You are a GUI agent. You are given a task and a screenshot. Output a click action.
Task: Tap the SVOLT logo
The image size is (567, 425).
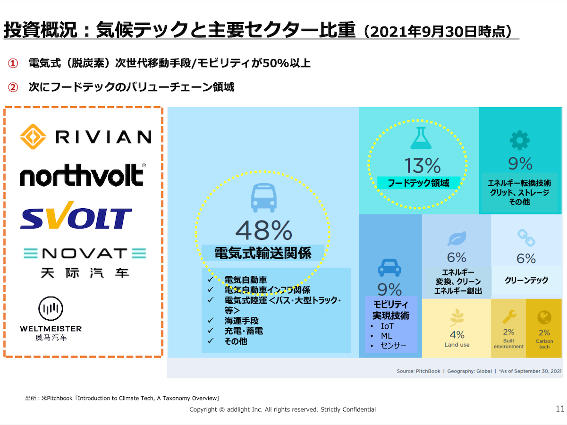76,217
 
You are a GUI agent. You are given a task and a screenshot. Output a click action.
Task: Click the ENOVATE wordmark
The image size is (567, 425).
85,254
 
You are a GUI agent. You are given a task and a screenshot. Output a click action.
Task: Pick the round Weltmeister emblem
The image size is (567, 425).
51,309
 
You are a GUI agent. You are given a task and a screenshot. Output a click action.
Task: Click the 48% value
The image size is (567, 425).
263,230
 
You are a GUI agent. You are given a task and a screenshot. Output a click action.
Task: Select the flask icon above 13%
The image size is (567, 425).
421,138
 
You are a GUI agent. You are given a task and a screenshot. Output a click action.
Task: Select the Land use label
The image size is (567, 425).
457,345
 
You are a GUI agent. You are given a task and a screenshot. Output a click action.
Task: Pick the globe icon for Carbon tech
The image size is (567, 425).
544,317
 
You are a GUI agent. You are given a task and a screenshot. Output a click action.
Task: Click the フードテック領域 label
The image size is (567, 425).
418,183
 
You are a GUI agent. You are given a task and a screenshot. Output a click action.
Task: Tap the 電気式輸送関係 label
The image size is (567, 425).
263,253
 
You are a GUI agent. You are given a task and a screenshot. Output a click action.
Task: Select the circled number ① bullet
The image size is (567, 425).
13,63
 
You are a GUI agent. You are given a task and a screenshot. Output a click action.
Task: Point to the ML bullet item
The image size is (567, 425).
387,336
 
